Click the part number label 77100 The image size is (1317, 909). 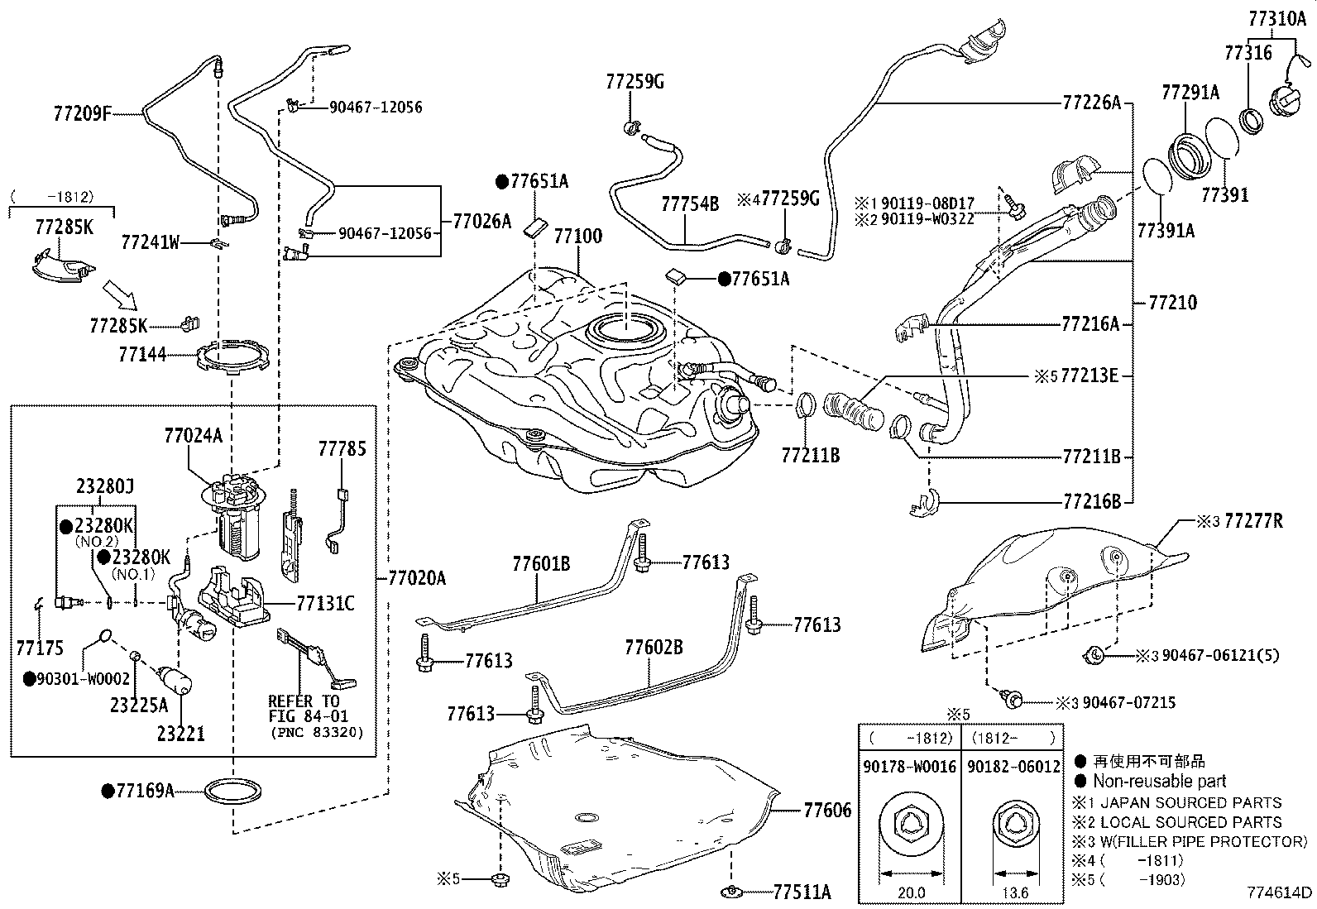(x=578, y=237)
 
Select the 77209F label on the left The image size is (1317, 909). (x=83, y=112)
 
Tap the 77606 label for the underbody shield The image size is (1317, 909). (x=827, y=811)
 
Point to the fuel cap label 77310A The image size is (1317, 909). (x=1277, y=19)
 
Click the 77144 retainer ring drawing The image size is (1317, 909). (x=232, y=355)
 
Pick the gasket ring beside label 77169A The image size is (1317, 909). (x=233, y=791)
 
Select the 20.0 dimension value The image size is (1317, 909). (x=912, y=892)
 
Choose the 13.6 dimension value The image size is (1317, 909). (x=1015, y=892)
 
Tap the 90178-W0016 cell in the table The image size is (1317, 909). (x=909, y=767)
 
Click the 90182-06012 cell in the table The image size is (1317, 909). (x=1013, y=767)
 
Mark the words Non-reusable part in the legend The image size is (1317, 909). (x=1160, y=782)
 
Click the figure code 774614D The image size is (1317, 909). (x=1280, y=892)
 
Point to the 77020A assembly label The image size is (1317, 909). (x=417, y=578)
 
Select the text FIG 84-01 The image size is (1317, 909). (x=309, y=716)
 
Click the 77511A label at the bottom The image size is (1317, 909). (x=802, y=892)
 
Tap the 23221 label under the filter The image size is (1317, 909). (x=181, y=734)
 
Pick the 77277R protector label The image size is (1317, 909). (x=1253, y=521)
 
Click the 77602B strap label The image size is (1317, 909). (x=654, y=648)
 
